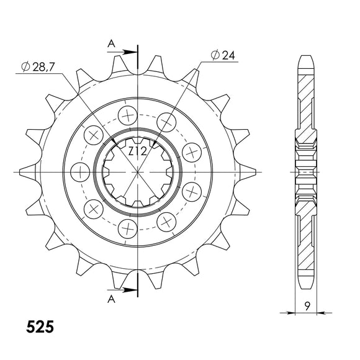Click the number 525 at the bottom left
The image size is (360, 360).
40,326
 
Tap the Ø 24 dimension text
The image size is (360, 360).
223,56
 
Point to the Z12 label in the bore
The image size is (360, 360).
137,151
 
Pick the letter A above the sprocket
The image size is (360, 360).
111,43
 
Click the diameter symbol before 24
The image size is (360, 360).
214,56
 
